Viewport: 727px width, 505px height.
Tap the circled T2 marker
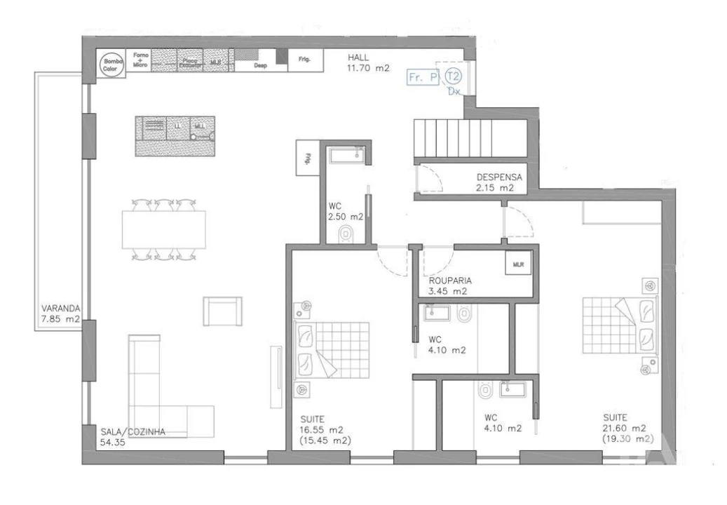454,76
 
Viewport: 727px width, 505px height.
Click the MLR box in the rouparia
518,265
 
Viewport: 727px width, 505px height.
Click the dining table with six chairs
165,229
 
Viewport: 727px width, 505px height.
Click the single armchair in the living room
222,311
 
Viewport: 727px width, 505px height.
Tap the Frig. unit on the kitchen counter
306,60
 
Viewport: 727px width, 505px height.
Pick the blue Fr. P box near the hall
424,78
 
